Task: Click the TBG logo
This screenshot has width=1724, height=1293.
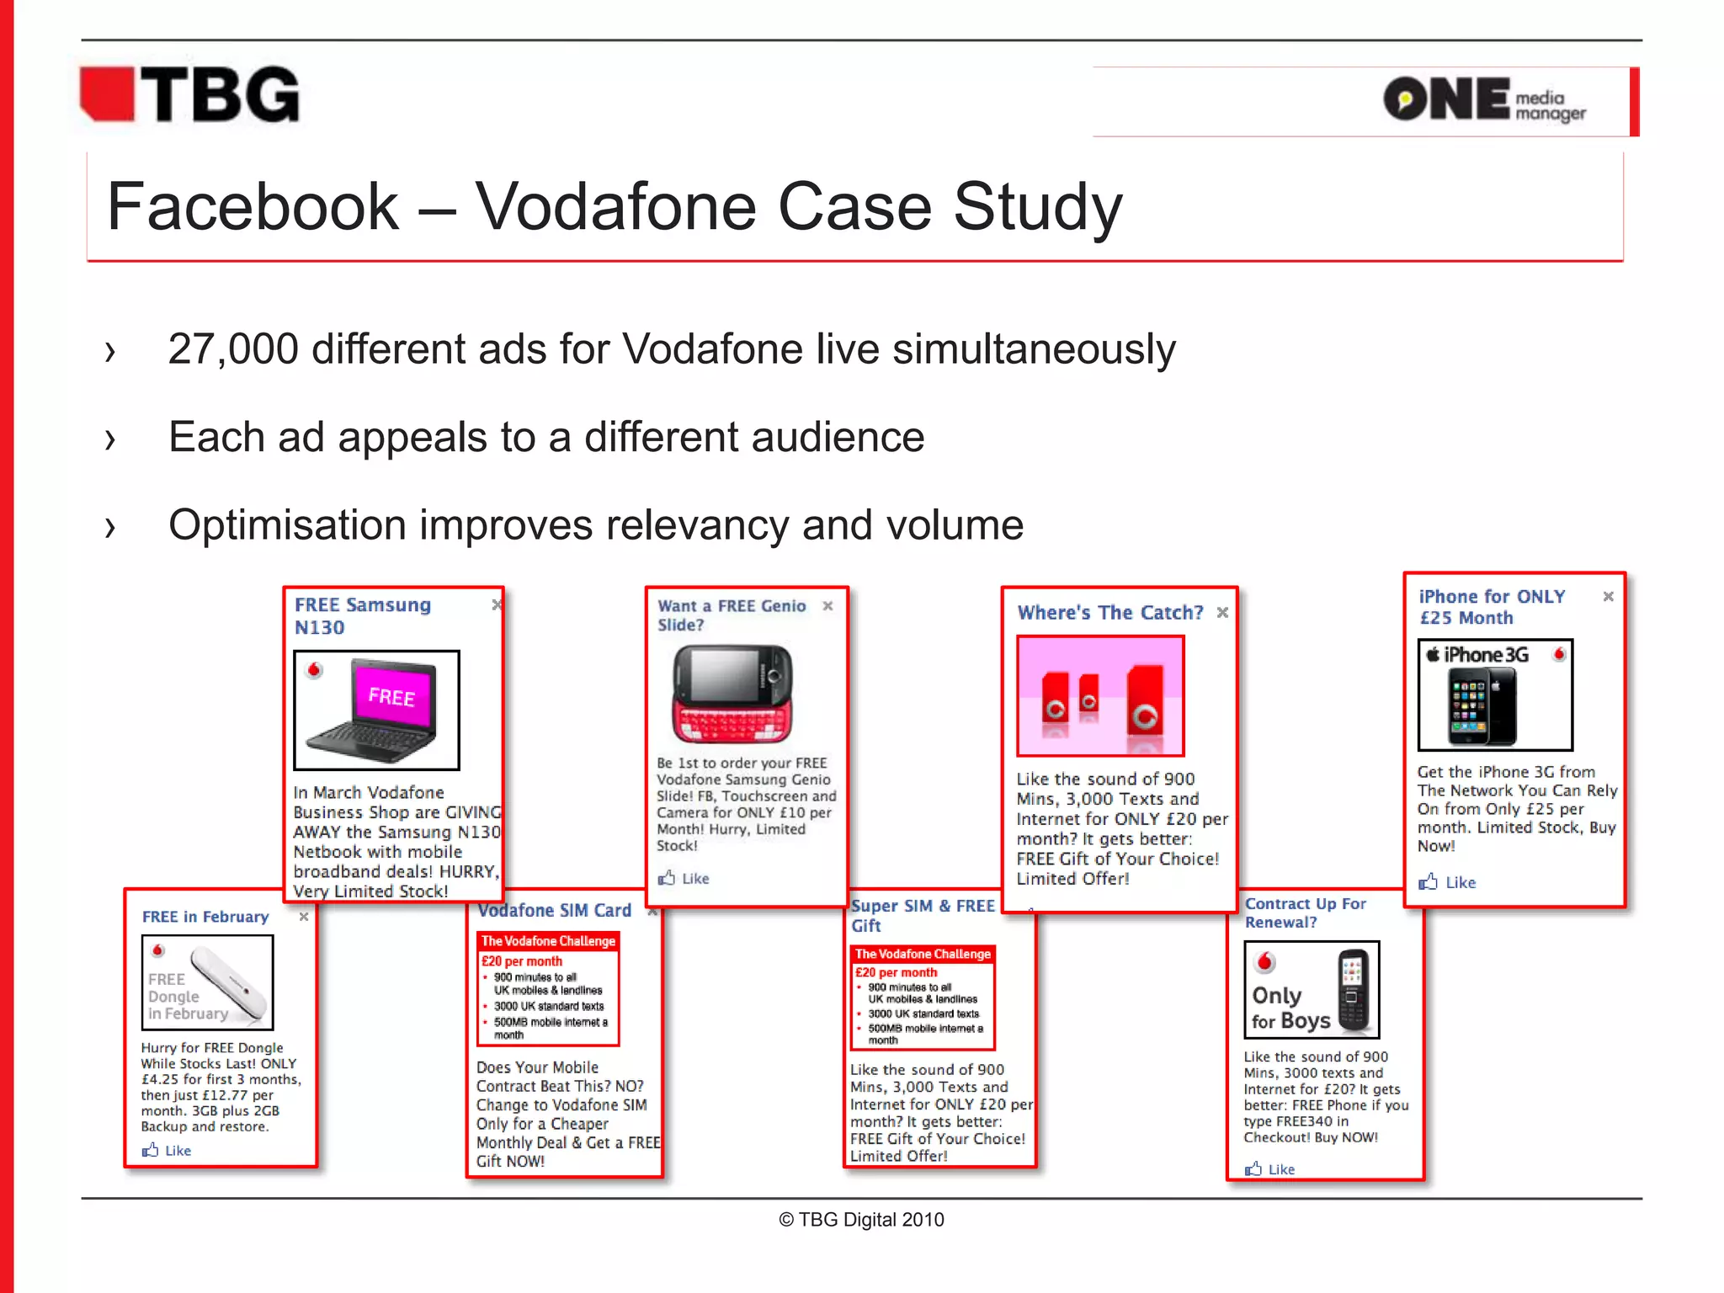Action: point(190,95)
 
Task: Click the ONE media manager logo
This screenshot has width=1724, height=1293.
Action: point(1484,100)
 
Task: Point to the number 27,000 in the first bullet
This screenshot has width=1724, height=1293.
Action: point(233,349)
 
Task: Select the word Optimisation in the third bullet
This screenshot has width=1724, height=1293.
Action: point(287,525)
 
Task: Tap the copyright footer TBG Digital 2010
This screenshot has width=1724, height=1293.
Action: point(861,1220)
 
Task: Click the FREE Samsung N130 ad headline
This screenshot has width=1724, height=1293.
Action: point(362,616)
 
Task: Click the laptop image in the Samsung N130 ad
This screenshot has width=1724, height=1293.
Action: point(376,710)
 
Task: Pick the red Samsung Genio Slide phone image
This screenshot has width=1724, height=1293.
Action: point(732,694)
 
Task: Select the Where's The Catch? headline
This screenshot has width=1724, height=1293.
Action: point(1109,613)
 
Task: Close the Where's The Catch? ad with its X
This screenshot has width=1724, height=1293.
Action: point(1222,613)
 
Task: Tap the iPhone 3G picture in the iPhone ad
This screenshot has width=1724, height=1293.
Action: point(1495,695)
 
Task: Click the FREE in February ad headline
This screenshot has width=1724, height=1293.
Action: point(205,917)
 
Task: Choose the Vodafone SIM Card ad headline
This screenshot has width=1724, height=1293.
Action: point(554,911)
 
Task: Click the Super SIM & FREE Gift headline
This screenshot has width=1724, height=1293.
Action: point(922,915)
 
